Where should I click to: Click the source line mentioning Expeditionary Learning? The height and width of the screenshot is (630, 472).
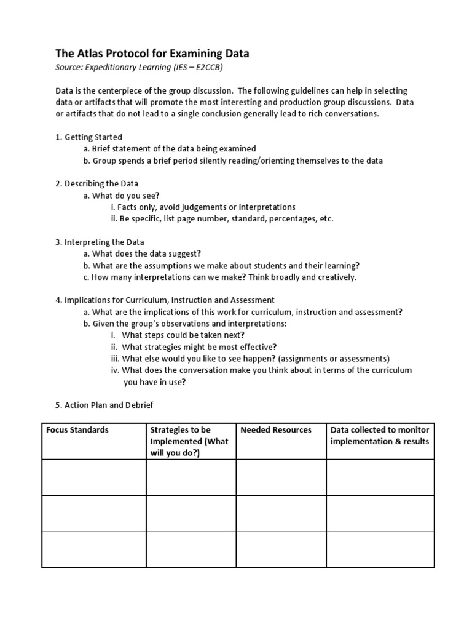(143, 68)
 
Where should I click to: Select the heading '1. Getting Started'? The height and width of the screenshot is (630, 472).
(88, 137)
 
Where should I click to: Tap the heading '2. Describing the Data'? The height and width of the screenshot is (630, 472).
(96, 183)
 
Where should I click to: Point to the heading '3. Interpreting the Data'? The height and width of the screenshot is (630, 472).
(100, 242)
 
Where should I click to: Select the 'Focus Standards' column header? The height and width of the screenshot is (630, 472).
(77, 430)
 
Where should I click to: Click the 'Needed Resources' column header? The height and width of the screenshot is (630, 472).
(276, 430)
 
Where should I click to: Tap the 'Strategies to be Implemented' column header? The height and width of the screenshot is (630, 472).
(189, 441)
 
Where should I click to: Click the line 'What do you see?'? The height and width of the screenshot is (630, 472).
(122, 196)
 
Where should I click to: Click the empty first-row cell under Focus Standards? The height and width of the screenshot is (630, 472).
(93, 477)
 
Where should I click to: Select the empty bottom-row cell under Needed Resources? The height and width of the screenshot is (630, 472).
(281, 549)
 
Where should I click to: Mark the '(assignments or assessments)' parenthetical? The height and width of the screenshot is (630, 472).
(332, 358)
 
